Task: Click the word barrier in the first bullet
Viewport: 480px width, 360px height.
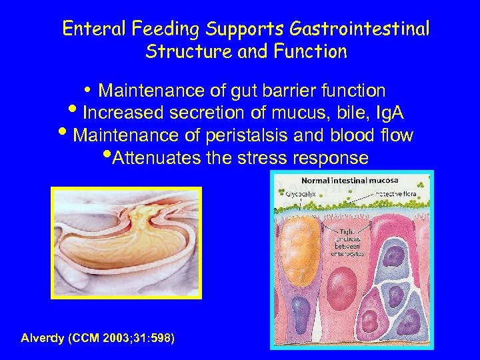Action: pos(293,90)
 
